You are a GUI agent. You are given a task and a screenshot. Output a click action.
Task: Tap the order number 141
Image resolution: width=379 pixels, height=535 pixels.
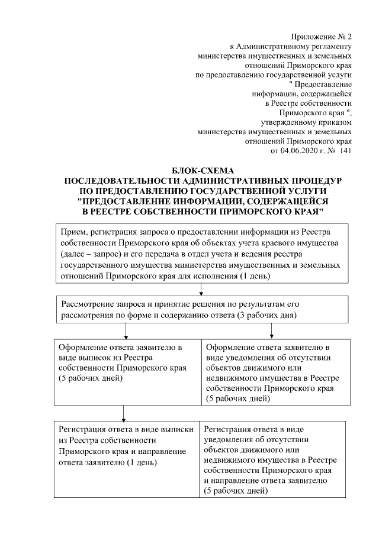click(x=343, y=151)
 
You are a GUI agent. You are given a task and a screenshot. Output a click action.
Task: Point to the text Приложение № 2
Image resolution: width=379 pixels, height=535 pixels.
click(x=323, y=38)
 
